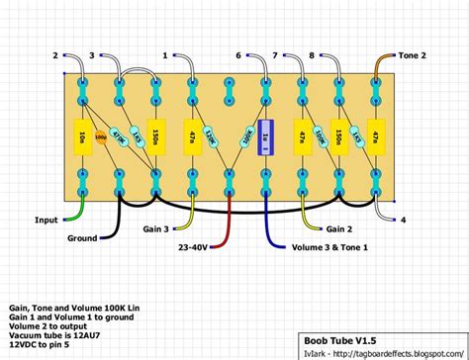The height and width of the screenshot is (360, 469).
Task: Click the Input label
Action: [46, 220]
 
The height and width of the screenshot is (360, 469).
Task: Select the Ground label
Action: [81, 238]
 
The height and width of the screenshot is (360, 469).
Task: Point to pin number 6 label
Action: [237, 55]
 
